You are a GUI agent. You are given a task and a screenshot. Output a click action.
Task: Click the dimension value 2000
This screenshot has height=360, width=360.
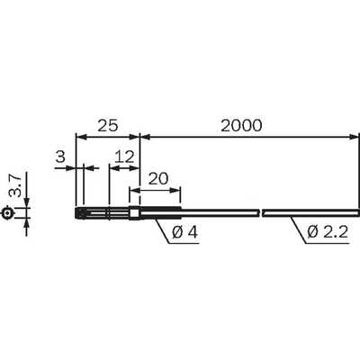tap(241, 126)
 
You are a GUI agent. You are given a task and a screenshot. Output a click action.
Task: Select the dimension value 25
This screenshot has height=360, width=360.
tap(108, 126)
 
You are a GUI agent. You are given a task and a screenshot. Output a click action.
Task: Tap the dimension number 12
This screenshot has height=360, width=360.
tap(124, 157)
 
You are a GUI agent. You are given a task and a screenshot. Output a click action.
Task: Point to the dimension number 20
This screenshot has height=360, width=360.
tap(158, 179)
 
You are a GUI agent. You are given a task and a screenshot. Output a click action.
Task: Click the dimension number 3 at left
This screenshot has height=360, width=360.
tap(60, 157)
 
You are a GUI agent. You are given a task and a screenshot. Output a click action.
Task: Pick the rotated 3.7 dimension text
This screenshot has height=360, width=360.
tap(15, 186)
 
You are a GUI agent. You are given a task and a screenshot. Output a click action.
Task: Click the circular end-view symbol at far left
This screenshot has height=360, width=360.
tap(7, 213)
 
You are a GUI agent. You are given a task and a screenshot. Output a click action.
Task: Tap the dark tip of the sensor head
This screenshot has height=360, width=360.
tap(79, 213)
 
